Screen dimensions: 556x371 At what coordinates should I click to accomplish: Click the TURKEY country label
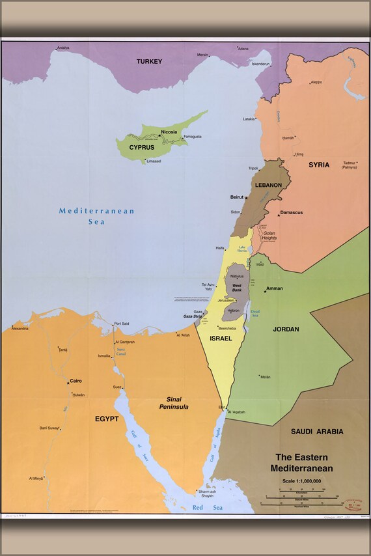pyautogui.click(x=149, y=61)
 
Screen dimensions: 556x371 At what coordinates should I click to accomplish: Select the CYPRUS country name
pyautogui.click(x=141, y=147)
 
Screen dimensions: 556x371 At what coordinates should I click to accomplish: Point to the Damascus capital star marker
pyautogui.click(x=279, y=214)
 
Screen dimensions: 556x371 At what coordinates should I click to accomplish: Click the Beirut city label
pyautogui.click(x=236, y=197)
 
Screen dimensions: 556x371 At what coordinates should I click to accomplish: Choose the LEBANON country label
pyautogui.click(x=268, y=185)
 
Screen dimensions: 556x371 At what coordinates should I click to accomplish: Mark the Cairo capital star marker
pyautogui.click(x=68, y=382)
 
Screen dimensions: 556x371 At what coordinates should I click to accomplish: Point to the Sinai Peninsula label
pyautogui.click(x=174, y=402)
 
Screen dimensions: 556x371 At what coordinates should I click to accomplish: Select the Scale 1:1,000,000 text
pyautogui.click(x=302, y=480)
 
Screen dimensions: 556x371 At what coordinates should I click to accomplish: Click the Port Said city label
pyautogui.click(x=122, y=324)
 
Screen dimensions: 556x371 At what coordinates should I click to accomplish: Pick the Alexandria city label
pyautogui.click(x=20, y=329)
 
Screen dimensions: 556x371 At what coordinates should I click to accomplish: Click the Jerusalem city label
pyautogui.click(x=226, y=300)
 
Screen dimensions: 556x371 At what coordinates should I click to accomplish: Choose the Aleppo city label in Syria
pyautogui.click(x=316, y=82)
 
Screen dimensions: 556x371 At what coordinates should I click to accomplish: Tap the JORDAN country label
pyautogui.click(x=286, y=329)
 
